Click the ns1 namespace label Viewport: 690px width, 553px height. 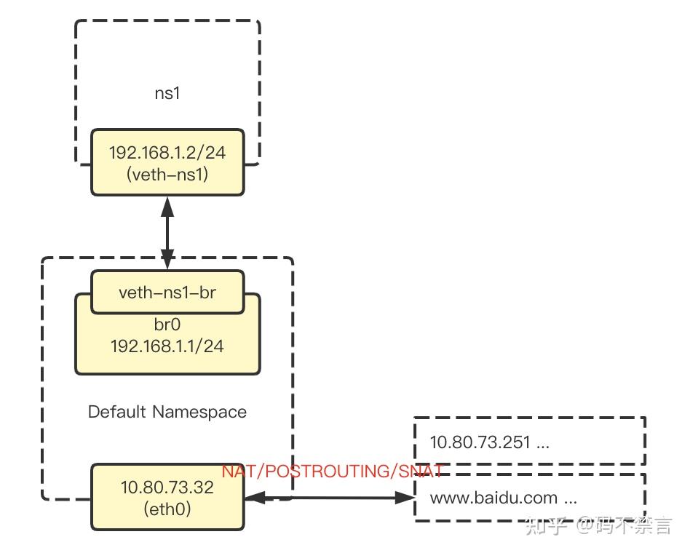167,93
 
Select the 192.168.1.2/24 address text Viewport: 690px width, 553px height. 167,153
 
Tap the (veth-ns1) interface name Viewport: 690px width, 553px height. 167,175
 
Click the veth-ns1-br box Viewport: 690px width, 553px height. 167,293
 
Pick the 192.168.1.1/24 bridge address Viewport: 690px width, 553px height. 167,346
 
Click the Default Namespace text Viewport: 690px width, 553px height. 167,412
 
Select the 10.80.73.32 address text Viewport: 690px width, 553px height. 167,488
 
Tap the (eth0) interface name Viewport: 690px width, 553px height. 167,509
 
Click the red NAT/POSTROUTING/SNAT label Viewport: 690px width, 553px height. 333,472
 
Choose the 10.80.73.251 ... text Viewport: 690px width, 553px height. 489,442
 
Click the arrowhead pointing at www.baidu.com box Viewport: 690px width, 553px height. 405,498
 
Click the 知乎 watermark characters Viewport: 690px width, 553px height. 546,525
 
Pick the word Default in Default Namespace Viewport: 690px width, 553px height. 116,412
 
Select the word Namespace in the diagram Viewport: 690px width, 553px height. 199,412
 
